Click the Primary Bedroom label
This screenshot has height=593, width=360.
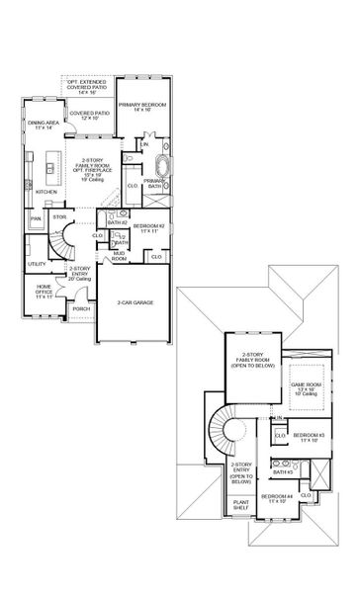point(140,106)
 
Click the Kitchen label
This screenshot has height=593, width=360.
point(47,192)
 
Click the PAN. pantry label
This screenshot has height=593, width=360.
point(36,217)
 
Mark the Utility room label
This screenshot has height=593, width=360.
point(37,264)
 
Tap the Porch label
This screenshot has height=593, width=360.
point(81,308)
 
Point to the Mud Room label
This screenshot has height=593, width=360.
point(119,256)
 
